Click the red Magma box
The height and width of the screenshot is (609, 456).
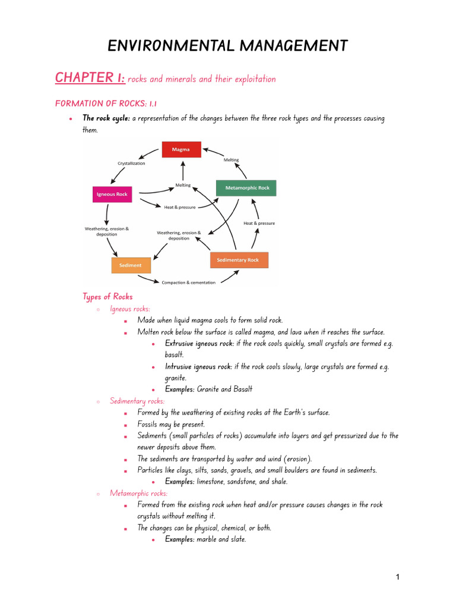point(181,149)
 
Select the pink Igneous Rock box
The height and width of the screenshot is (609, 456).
point(112,194)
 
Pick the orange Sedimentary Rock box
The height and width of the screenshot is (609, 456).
point(239,260)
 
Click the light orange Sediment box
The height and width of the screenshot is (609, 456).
point(131,265)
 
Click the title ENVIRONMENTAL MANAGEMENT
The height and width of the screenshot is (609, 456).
point(227,45)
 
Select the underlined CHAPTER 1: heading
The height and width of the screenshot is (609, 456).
point(90,77)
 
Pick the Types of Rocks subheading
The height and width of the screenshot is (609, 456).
point(107,296)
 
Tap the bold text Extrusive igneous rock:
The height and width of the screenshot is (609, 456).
point(199,343)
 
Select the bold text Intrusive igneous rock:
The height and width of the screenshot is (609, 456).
point(198,366)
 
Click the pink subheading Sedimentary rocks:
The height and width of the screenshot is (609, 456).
point(137,401)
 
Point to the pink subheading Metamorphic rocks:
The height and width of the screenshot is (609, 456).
point(138,493)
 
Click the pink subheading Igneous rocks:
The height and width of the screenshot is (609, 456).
point(130,309)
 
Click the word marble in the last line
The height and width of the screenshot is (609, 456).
point(208,539)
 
